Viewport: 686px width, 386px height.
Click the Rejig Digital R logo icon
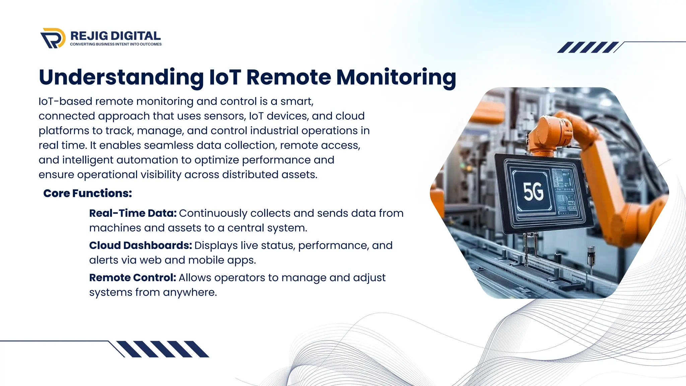pyautogui.click(x=53, y=38)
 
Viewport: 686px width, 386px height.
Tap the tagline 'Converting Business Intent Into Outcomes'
pyautogui.click(x=116, y=44)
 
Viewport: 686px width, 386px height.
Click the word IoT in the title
pyautogui.click(x=225, y=77)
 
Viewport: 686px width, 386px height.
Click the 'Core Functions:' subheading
pyautogui.click(x=87, y=193)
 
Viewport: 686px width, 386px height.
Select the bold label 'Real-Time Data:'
pyautogui.click(x=133, y=213)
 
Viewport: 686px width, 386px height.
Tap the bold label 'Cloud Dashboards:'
pyautogui.click(x=140, y=245)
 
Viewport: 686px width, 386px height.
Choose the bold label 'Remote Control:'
pyautogui.click(x=132, y=277)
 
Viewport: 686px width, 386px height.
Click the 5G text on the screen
pyautogui.click(x=533, y=192)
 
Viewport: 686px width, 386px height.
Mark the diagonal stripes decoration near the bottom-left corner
pyautogui.click(x=163, y=349)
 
